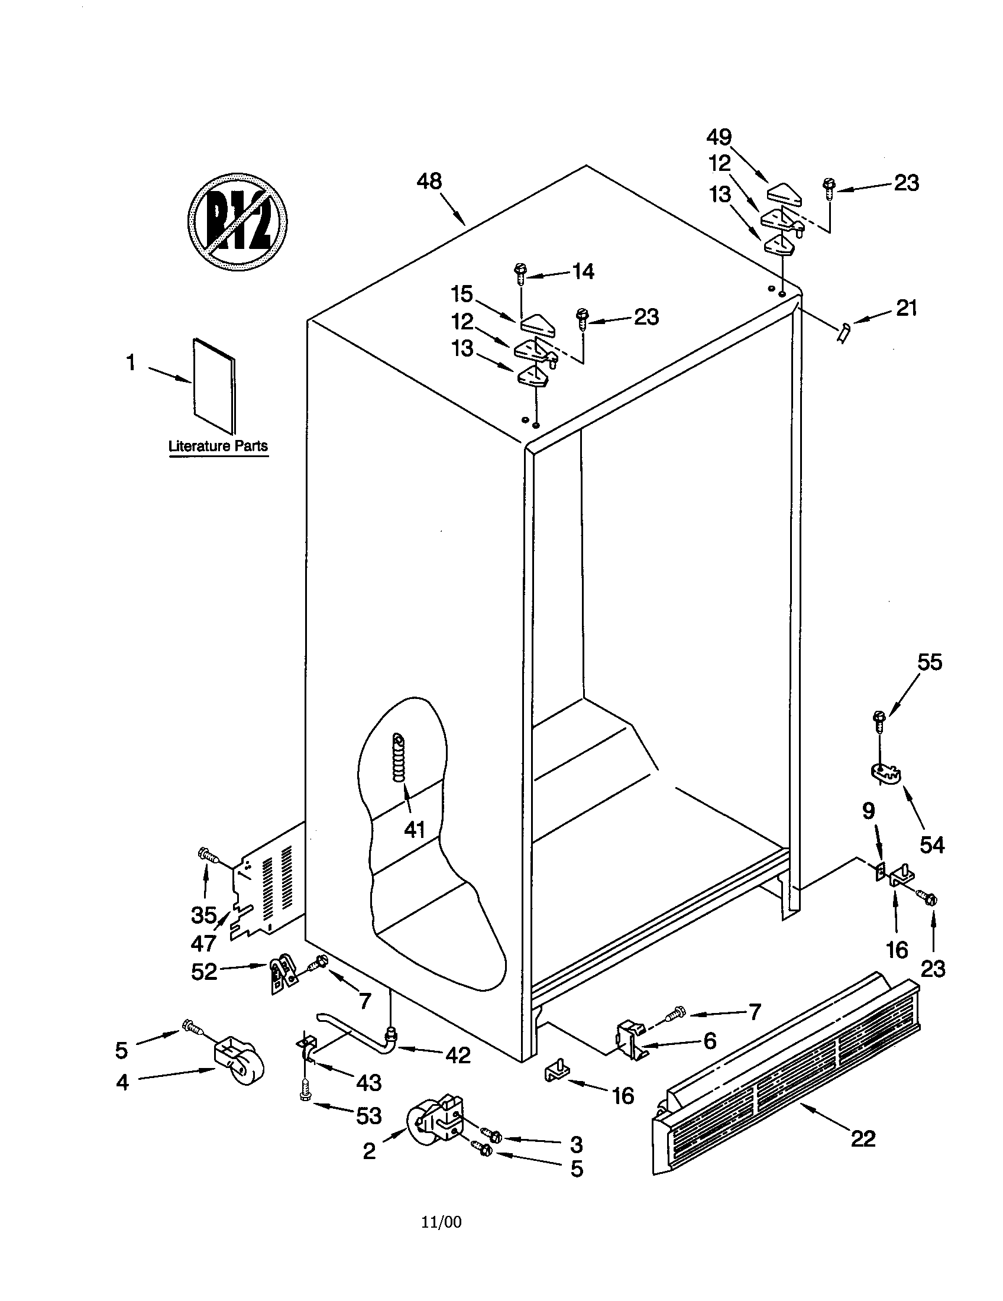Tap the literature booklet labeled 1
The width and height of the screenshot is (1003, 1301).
click(x=214, y=386)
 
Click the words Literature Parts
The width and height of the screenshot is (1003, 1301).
click(x=218, y=446)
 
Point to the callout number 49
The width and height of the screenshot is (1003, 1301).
click(x=719, y=137)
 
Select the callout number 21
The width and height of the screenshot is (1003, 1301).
click(x=906, y=308)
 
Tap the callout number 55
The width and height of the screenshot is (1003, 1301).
click(x=929, y=662)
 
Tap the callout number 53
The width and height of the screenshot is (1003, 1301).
click(x=368, y=1116)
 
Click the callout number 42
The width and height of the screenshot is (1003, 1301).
click(x=458, y=1055)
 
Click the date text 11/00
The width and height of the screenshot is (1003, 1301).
click(x=441, y=1222)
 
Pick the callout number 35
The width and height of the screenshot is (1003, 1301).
click(x=203, y=914)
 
